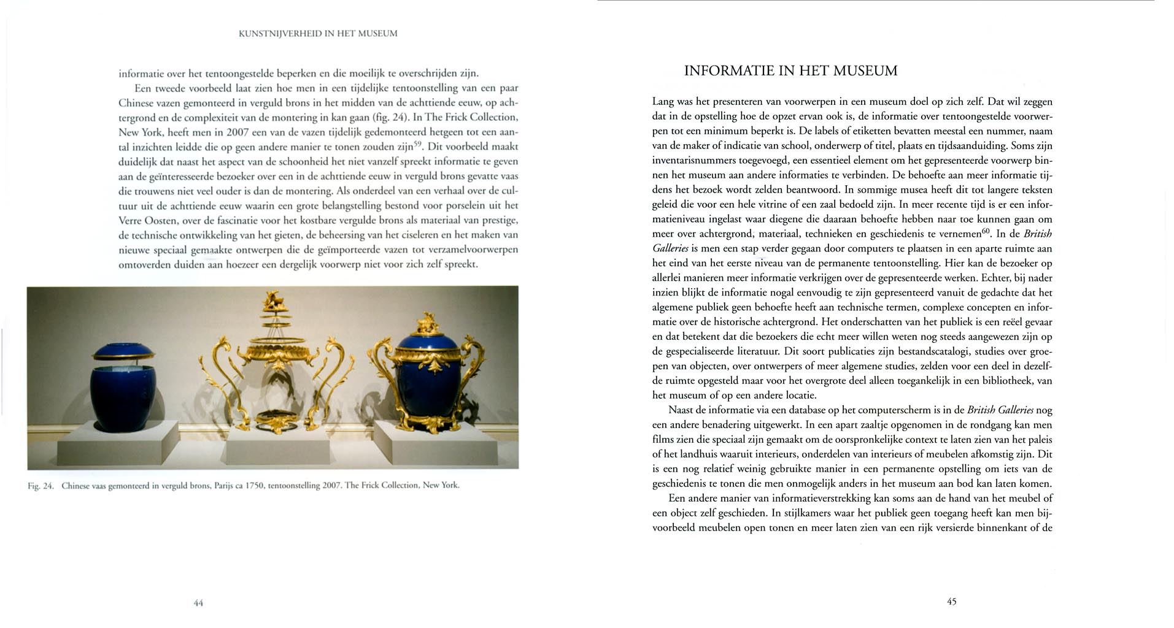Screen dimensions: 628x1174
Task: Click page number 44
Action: pos(198,603)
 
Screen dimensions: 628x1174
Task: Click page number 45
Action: pos(951,602)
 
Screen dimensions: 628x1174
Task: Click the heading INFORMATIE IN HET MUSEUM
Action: pos(790,71)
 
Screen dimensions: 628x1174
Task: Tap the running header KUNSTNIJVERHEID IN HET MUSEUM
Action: pos(317,34)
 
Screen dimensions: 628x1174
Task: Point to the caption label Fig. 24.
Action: pos(41,486)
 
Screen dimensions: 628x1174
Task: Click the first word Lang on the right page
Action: pos(663,101)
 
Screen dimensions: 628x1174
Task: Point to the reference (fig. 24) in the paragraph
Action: pos(390,118)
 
